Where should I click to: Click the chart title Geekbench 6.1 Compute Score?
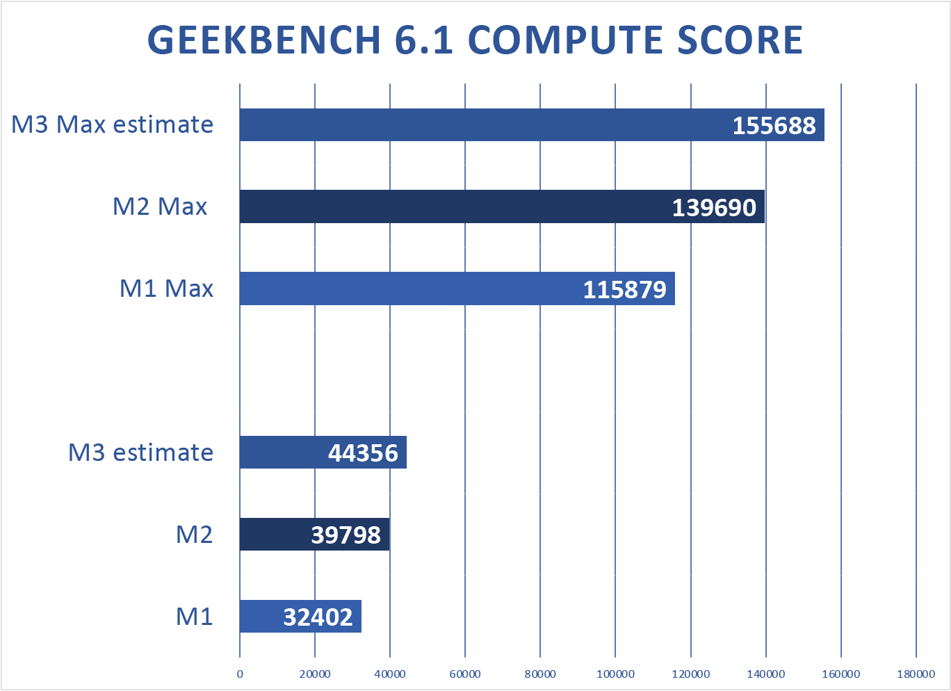pyautogui.click(x=475, y=40)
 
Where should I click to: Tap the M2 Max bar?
pyautogui.click(x=452, y=207)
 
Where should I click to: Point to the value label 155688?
pyautogui.click(x=774, y=126)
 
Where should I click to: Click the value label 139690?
pyautogui.click(x=714, y=208)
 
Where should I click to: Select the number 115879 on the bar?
pyautogui.click(x=624, y=290)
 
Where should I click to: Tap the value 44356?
pyautogui.click(x=363, y=453)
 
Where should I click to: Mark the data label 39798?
pyautogui.click(x=346, y=535)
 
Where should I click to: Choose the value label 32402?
pyautogui.click(x=318, y=617)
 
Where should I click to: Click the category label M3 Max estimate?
pyautogui.click(x=113, y=125)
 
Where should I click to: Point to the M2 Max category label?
pyautogui.click(x=160, y=207)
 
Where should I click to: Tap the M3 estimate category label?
pyautogui.click(x=140, y=453)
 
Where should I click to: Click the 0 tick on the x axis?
pyautogui.click(x=240, y=674)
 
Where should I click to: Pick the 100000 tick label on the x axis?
pyautogui.click(x=615, y=674)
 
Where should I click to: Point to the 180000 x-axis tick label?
pyautogui.click(x=916, y=674)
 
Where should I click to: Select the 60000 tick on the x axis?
pyautogui.click(x=465, y=674)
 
